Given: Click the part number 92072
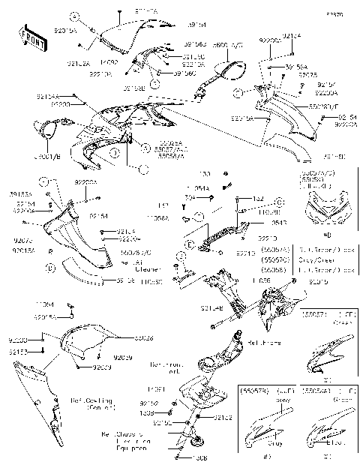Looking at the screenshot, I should (x=22, y=240).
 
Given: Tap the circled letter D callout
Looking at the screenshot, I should (x=50, y=267).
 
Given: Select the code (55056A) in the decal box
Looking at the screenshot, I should (x=314, y=391).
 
